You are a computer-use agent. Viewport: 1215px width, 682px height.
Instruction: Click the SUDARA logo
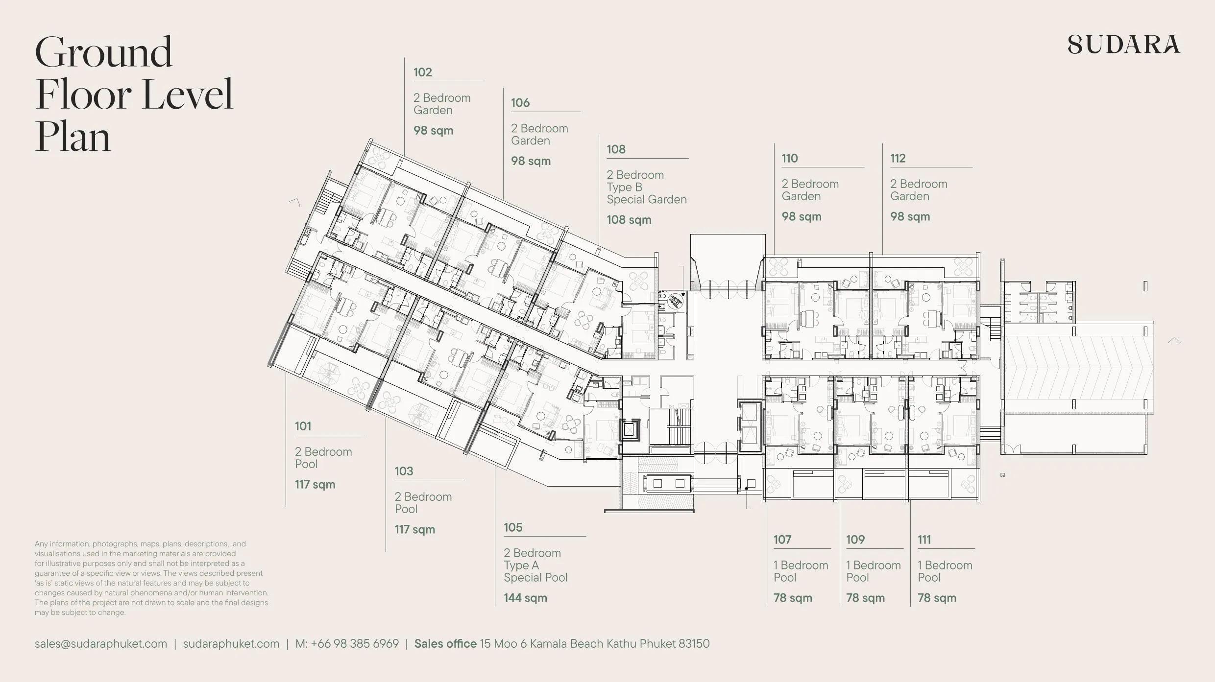pyautogui.click(x=1123, y=44)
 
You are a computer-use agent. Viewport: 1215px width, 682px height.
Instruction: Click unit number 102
pyautogui.click(x=422, y=72)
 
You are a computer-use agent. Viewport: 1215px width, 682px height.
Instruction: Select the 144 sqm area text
pyautogui.click(x=525, y=598)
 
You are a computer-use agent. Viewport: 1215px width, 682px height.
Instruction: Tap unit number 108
pyautogui.click(x=616, y=149)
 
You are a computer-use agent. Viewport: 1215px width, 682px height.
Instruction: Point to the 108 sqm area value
pyautogui.click(x=629, y=220)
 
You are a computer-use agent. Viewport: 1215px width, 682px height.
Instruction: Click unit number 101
pyautogui.click(x=303, y=426)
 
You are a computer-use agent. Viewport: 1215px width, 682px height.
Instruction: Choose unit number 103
pyautogui.click(x=404, y=471)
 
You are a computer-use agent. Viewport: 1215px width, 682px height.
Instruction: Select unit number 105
pyautogui.click(x=513, y=528)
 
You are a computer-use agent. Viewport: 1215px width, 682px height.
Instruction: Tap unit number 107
pyautogui.click(x=782, y=540)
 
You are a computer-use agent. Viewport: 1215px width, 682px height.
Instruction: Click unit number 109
pyautogui.click(x=855, y=540)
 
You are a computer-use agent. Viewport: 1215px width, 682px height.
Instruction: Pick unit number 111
pyautogui.click(x=924, y=540)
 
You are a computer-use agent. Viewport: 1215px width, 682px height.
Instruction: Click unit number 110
pyautogui.click(x=790, y=159)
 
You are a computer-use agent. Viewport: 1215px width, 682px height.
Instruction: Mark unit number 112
pyautogui.click(x=898, y=159)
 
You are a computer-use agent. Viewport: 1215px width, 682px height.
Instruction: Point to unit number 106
pyautogui.click(x=520, y=103)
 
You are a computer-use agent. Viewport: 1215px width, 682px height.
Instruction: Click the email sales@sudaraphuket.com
pyautogui.click(x=101, y=644)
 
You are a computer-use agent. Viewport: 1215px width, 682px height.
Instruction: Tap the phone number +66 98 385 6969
pyautogui.click(x=355, y=644)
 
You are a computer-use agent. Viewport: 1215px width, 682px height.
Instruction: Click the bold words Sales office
pyautogui.click(x=445, y=644)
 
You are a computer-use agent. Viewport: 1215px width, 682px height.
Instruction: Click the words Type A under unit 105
pyautogui.click(x=521, y=565)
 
